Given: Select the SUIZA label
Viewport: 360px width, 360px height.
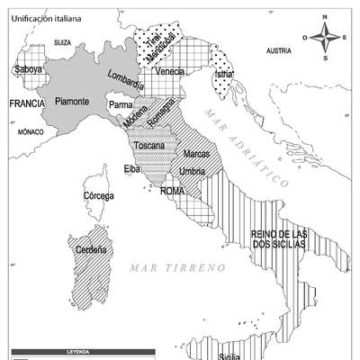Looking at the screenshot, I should (62, 42).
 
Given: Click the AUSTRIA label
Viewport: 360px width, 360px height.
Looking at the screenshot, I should (279, 51).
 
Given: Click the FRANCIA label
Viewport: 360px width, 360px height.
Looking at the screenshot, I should (27, 104).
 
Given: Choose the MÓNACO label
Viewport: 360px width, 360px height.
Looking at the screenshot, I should (31, 131).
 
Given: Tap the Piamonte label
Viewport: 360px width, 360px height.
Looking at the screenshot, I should (72, 102).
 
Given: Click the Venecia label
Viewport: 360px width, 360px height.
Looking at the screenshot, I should (169, 71).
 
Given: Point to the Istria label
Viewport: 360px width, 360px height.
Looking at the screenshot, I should (225, 74).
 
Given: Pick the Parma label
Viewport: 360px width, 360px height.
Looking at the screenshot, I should (121, 105).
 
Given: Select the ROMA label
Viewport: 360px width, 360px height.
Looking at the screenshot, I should (173, 191).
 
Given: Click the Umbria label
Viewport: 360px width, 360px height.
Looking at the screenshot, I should (193, 171).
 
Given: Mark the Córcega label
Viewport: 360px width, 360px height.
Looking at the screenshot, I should (98, 195).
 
